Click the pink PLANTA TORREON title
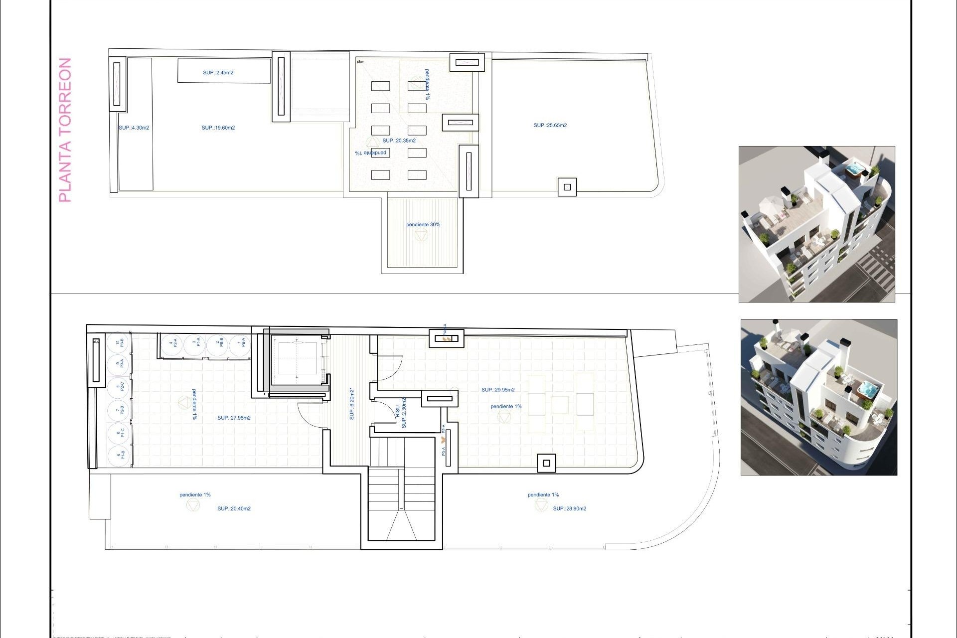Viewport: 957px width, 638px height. (65, 130)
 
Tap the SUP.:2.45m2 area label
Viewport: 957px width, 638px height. (218, 73)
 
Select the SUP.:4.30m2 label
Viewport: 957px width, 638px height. (134, 128)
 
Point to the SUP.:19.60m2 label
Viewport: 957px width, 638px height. (218, 128)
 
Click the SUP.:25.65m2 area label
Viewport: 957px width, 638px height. (550, 126)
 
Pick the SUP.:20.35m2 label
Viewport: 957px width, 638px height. (399, 141)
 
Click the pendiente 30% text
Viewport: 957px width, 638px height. (423, 225)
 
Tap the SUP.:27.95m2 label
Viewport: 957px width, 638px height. (234, 418)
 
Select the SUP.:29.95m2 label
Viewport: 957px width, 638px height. (498, 390)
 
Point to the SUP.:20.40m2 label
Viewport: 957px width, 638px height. (234, 509)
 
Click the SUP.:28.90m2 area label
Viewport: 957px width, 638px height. (569, 509)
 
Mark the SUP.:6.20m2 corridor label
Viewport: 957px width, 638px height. (352, 404)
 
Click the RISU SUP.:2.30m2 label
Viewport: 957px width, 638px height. (401, 413)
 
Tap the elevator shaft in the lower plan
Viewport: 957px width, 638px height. (297, 359)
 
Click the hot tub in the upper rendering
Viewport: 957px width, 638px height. (855, 169)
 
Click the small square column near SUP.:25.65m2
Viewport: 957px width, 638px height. (567, 187)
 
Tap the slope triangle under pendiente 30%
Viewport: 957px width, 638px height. (421, 235)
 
